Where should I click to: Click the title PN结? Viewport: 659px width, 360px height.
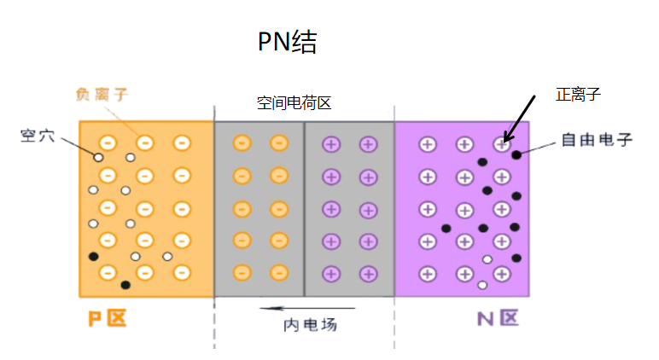click(x=287, y=43)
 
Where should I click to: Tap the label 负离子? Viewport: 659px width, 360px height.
click(x=102, y=94)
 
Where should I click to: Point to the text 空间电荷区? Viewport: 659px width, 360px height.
click(x=294, y=103)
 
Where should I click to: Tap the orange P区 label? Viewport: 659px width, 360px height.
click(x=107, y=319)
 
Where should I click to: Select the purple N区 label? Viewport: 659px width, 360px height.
click(x=497, y=319)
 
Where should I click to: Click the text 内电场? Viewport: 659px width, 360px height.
click(x=304, y=325)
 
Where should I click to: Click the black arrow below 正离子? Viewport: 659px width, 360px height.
click(x=520, y=118)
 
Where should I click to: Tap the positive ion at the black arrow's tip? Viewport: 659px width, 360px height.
click(x=502, y=145)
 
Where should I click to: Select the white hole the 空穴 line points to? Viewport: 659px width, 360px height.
click(x=99, y=157)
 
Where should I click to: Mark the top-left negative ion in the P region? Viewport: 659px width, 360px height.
click(x=108, y=143)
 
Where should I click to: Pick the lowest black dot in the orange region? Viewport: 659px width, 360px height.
click(x=125, y=285)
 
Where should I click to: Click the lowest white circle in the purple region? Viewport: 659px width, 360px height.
click(x=482, y=285)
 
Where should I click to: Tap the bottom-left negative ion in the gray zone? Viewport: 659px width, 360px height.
click(x=242, y=273)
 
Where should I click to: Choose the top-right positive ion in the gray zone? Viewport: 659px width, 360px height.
click(x=368, y=144)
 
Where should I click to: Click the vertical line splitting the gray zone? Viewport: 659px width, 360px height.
click(x=304, y=208)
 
